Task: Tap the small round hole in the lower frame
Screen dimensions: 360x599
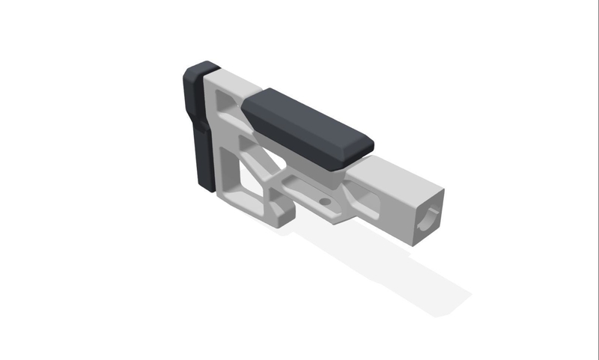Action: (325, 202)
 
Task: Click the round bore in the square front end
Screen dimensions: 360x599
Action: (429, 216)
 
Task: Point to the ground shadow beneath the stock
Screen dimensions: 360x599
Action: (389, 269)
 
